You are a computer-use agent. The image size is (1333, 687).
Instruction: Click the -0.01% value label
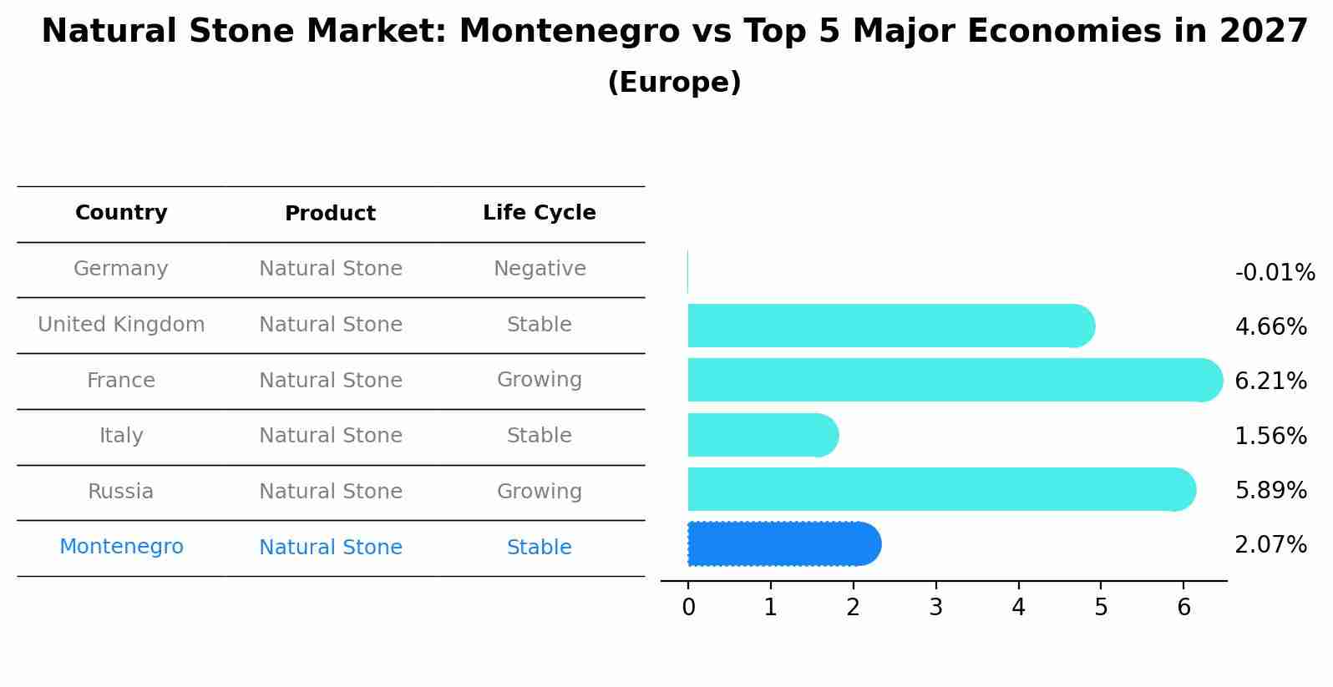point(1275,273)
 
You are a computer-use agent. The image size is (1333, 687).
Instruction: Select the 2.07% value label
point(1270,545)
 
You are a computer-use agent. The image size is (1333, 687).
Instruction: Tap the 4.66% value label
point(1270,326)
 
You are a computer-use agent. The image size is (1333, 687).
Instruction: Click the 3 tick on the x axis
point(935,608)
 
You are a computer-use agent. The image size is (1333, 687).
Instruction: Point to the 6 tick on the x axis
point(1183,608)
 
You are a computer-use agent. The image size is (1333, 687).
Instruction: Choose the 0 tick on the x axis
point(688,608)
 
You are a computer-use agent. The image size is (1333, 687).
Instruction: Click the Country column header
point(121,213)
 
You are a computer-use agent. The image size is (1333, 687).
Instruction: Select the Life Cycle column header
point(539,213)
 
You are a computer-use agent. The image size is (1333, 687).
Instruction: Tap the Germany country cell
point(121,269)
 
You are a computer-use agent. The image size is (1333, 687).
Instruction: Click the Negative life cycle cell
point(539,269)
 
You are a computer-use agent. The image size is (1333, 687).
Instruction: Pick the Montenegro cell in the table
point(121,547)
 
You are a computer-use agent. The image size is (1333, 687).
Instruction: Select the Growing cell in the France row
point(539,380)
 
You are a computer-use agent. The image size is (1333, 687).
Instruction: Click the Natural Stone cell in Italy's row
point(330,436)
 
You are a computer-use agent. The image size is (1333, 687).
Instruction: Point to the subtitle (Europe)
point(674,83)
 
